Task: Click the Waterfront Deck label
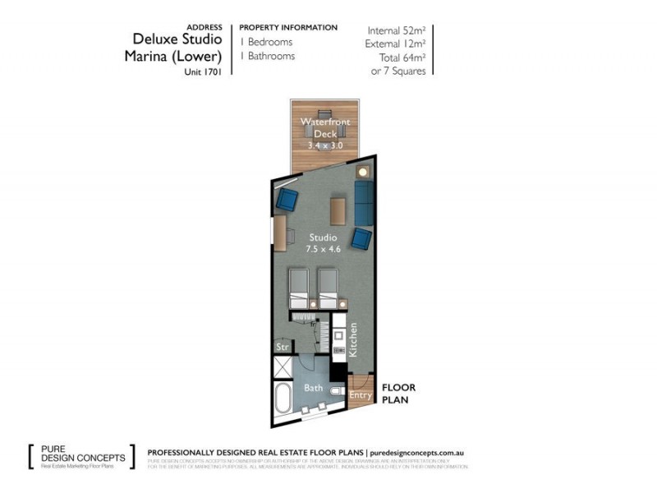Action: pos(324,127)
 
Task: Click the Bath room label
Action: pos(314,387)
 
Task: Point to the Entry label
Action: pos(361,395)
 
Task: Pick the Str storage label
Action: pos(282,347)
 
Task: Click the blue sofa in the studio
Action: pos(364,203)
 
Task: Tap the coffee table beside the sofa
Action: pos(338,210)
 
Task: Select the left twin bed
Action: pos(298,288)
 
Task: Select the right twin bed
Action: pos(328,288)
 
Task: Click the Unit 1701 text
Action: pos(204,71)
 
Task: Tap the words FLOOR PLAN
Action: pos(398,393)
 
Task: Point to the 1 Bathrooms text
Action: pos(267,56)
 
